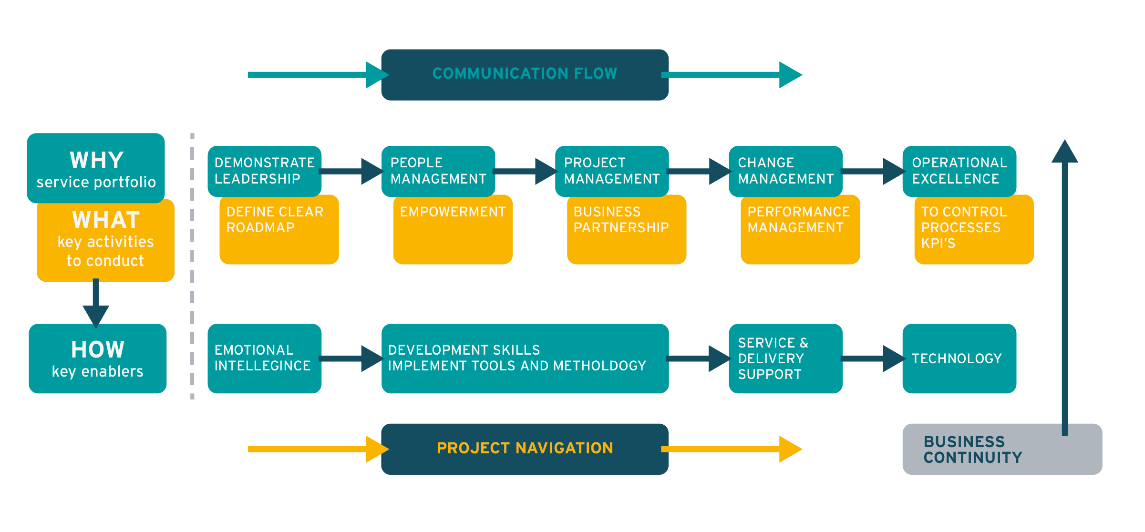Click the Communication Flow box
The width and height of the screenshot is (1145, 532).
525,74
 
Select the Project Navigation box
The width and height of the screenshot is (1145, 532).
525,449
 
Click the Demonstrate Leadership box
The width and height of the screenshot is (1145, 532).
264,171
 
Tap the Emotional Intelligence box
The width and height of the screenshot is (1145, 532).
264,358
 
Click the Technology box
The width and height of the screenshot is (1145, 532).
959,358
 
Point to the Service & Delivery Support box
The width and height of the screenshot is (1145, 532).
785,358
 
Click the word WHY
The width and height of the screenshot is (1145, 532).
97,161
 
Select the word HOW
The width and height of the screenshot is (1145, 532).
98,349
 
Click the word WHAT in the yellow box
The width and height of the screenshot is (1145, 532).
106,220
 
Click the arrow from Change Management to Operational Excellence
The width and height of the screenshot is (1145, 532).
873,171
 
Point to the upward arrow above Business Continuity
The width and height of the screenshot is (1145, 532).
1065,286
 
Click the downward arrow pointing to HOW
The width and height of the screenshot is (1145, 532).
96,305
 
